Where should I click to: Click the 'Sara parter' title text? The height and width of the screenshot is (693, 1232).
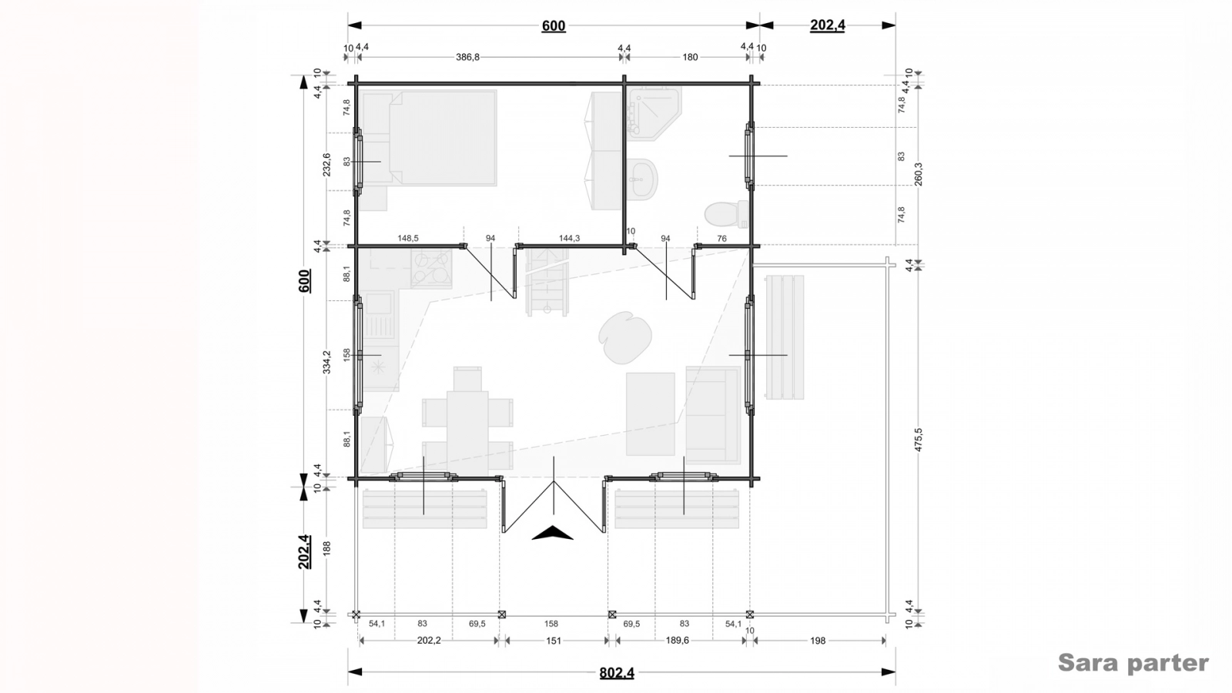coord(1133,663)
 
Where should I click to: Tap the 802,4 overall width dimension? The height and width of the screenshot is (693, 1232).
coord(617,673)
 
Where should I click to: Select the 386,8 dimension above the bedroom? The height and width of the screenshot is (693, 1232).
coord(467,57)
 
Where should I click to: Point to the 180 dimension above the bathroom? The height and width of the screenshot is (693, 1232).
coord(690,57)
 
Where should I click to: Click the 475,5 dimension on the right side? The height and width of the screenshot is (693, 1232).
coord(919,440)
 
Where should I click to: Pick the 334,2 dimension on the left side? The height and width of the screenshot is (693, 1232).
coord(326,362)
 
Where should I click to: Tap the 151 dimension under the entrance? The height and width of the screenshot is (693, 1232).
coord(554,640)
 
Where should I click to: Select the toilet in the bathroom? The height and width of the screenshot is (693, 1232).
coord(727,214)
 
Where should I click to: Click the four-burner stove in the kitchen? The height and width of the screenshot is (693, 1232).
coord(431,269)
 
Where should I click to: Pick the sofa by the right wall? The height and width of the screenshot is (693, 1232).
coord(713,415)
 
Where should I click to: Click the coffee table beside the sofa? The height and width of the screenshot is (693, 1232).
coord(651,414)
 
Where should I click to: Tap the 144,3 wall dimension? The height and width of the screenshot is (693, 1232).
coord(569,238)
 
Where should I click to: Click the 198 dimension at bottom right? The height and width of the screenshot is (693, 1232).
coord(818,640)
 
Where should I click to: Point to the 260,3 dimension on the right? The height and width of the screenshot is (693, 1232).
coord(919,174)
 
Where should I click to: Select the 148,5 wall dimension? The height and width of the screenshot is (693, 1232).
coord(408,238)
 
